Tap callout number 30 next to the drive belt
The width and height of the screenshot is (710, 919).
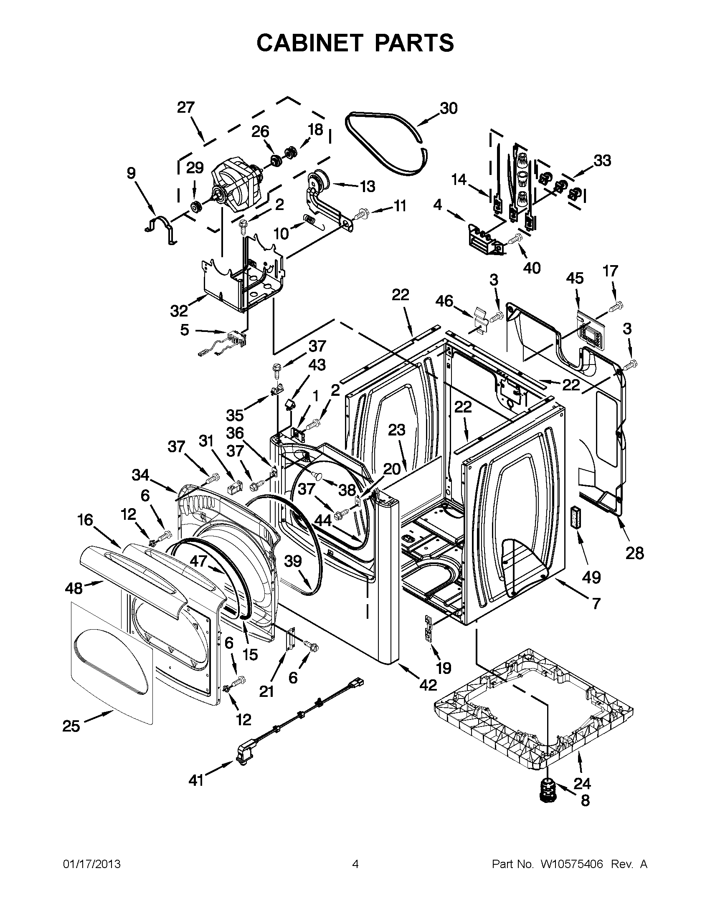click(x=448, y=108)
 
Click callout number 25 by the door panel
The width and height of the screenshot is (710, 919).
click(x=71, y=726)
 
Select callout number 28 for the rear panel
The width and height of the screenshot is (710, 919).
click(x=634, y=553)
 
